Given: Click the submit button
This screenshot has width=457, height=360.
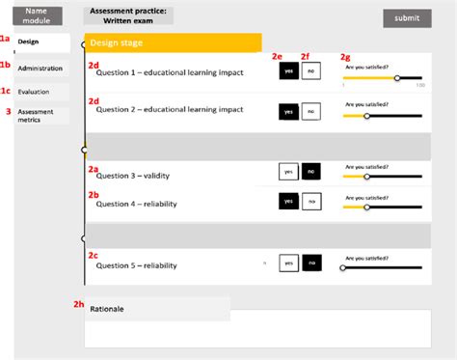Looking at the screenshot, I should coord(407,17).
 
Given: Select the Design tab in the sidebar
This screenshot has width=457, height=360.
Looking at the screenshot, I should coord(42,42).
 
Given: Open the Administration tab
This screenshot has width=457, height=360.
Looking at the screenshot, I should coord(42,69).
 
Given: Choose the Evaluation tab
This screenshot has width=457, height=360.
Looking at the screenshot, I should coord(42,92).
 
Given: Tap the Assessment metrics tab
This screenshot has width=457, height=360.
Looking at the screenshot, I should coord(42,116).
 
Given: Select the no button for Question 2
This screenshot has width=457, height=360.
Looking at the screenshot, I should coord(310,112).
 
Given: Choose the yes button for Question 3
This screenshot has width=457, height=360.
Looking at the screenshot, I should coord(287,172).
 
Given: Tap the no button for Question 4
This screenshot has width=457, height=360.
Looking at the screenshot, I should coord(310,202).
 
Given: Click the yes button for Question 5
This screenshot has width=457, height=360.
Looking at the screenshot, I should coord(287,263).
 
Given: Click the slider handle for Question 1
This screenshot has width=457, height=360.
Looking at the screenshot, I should coord(398,78).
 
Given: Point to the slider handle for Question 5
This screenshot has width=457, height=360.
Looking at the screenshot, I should coord(343,267).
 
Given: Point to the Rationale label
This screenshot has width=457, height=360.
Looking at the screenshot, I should coord(108,309).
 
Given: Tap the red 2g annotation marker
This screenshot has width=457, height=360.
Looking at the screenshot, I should coord(346,57).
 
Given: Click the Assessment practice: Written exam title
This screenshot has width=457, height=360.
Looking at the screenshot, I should coord(128,14).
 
